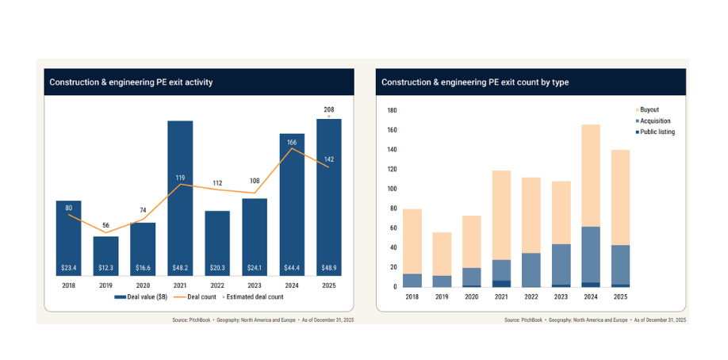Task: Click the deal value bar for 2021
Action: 180,198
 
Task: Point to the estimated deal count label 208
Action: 328,109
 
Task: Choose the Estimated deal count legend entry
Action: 252,297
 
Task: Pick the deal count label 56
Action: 106,224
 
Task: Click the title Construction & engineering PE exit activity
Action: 131,82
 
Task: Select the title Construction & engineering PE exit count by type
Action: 475,82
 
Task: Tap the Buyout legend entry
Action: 649,109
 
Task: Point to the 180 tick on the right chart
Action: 390,110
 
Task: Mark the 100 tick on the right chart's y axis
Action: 390,189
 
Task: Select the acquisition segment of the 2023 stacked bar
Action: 561,264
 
